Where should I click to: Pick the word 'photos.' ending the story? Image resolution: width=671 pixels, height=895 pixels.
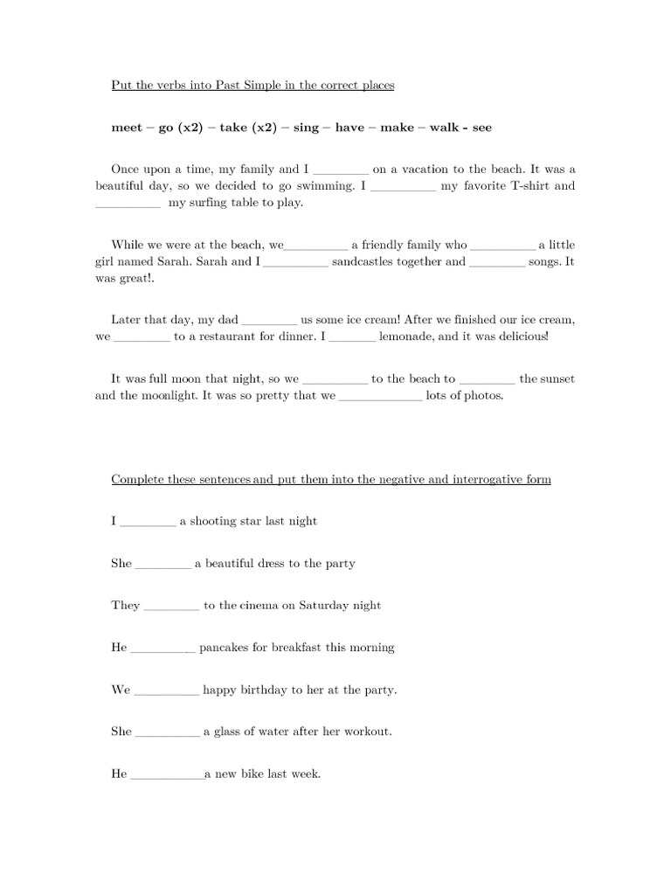(484, 395)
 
